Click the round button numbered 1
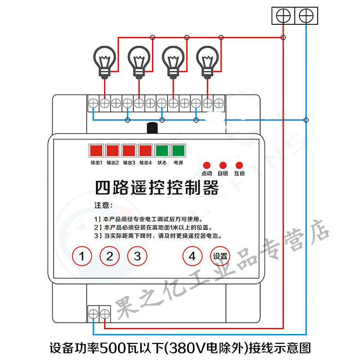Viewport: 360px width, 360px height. (82, 256)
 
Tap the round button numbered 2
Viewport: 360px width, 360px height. (109, 256)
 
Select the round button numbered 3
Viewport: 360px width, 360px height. (137, 256)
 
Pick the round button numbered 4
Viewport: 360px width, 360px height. (193, 256)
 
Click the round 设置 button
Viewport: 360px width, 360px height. (220, 256)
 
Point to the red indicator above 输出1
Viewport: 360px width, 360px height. (96, 151)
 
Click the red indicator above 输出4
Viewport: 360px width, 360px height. (145, 151)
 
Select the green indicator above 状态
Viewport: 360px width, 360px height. (162, 151)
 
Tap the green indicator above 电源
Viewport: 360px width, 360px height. (178, 151)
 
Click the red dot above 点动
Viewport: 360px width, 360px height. (207, 165)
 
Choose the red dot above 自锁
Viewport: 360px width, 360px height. (223, 165)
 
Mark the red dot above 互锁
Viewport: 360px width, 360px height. (239, 165)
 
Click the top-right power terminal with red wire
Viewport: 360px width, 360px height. (283, 16)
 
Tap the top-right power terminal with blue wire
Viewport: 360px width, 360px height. (306, 16)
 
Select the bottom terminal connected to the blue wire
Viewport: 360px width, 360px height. (93, 314)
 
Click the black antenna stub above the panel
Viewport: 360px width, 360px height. (152, 128)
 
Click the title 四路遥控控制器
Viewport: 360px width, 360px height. (157, 188)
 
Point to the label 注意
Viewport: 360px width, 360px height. (103, 205)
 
